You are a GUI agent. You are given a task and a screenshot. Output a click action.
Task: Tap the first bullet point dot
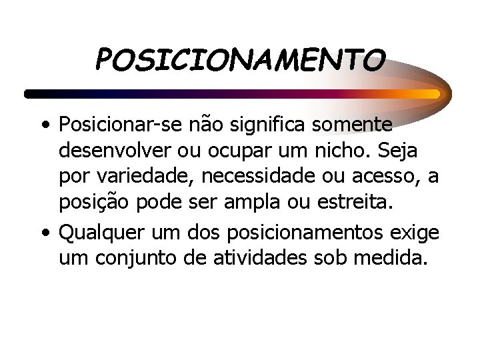[x=43, y=125]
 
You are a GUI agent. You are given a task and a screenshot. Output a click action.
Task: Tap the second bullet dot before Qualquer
[x=43, y=233]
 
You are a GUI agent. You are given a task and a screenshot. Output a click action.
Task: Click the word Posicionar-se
[x=110, y=125]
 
